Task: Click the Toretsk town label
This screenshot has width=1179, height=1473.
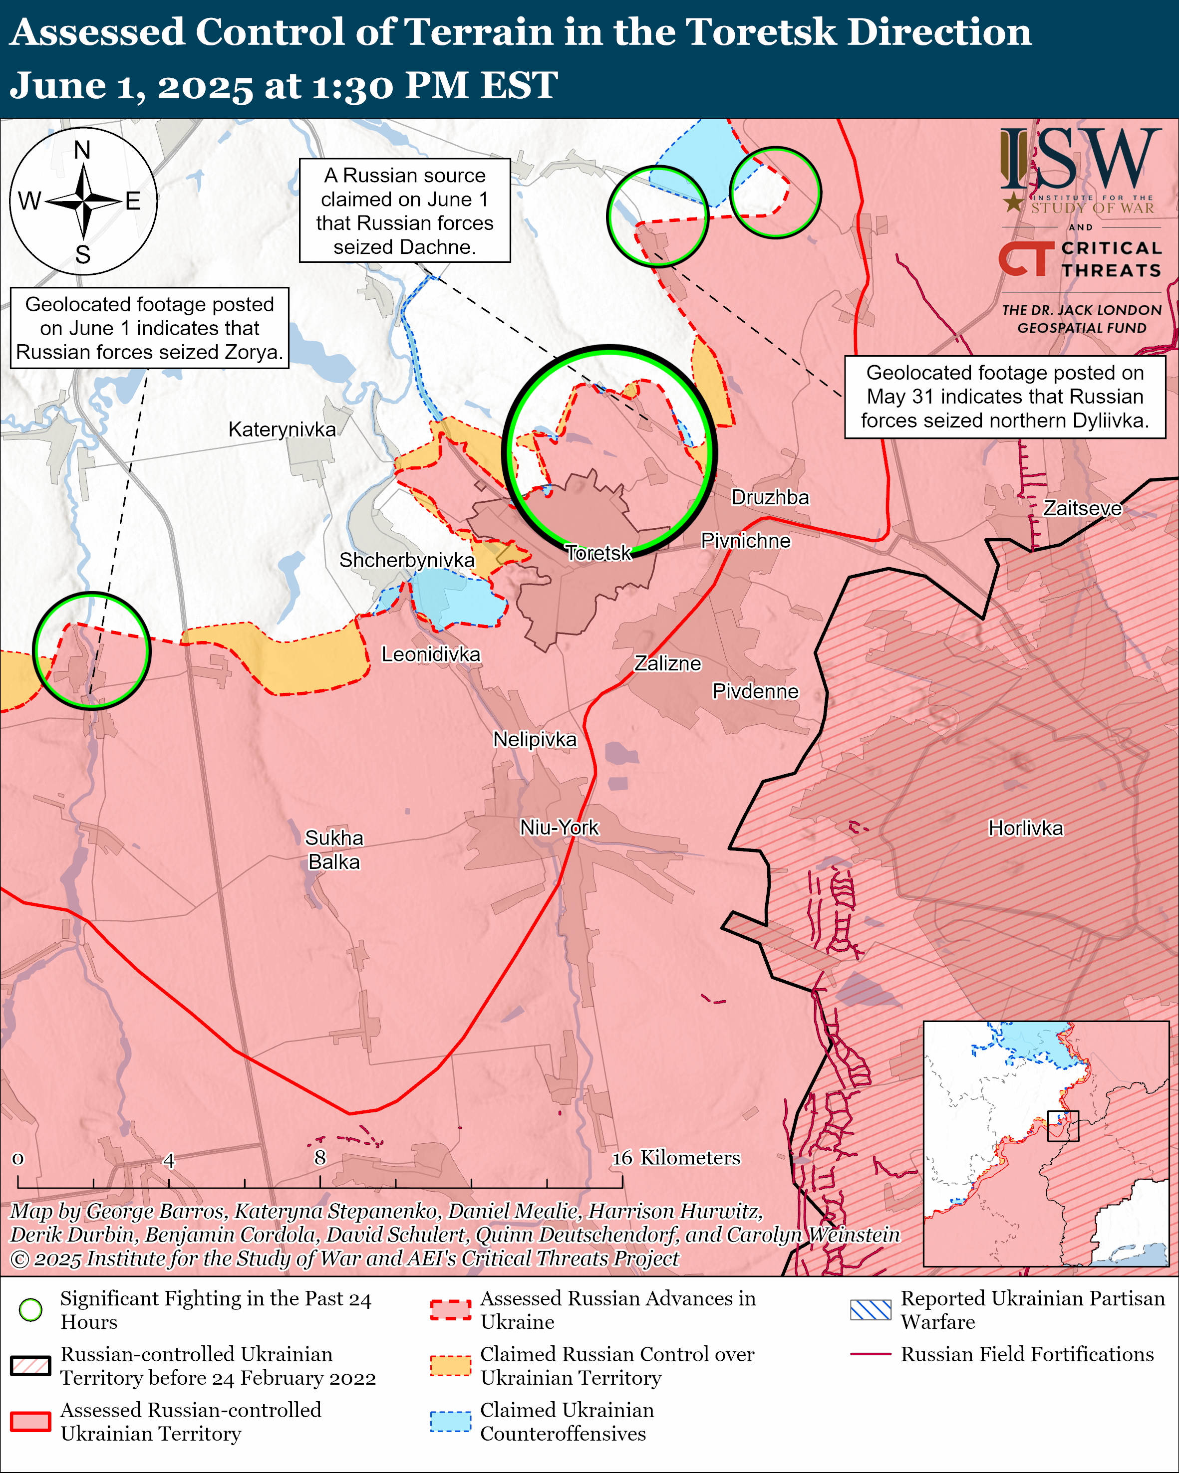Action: (598, 553)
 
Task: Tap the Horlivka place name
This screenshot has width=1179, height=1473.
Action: (1025, 828)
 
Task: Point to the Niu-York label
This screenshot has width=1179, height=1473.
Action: (559, 828)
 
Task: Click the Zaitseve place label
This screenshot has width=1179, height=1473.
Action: (1082, 508)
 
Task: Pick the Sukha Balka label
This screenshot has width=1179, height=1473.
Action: (333, 850)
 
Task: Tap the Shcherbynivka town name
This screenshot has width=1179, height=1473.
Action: (407, 560)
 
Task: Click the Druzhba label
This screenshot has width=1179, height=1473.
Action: (770, 497)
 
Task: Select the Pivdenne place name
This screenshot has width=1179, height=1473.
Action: (755, 691)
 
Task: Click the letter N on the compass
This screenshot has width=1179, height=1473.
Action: (82, 150)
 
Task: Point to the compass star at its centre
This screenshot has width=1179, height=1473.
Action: (83, 201)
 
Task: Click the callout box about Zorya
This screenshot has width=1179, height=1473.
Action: (150, 328)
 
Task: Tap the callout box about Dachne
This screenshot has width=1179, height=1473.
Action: (405, 210)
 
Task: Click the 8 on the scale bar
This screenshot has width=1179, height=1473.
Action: (320, 1157)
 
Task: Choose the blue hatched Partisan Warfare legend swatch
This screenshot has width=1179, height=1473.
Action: (870, 1310)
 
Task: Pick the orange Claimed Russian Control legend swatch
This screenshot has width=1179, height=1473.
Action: (450, 1365)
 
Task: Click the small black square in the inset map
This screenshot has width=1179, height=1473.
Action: (1063, 1126)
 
